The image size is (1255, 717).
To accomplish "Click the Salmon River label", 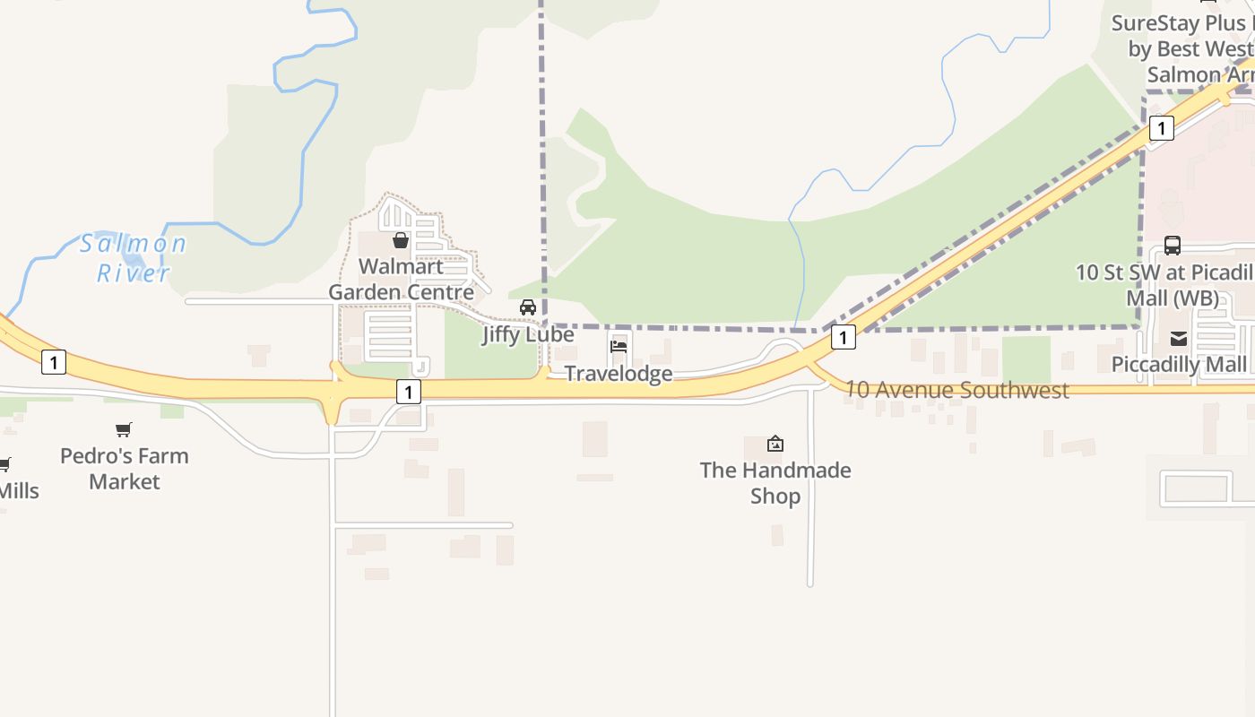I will [x=133, y=258].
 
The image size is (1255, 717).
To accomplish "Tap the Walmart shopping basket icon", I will [x=401, y=240].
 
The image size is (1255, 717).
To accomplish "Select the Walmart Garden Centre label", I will [x=401, y=280].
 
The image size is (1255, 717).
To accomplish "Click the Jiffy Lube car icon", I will [x=528, y=307].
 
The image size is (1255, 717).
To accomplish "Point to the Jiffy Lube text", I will [x=528, y=334].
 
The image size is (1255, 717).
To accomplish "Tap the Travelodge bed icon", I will [x=619, y=347].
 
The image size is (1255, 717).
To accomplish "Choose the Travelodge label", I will [x=619, y=373].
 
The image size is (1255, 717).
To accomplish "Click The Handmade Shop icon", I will [x=775, y=444].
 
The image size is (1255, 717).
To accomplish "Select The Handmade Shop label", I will [x=775, y=482].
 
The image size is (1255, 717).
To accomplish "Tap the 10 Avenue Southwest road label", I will [x=957, y=390].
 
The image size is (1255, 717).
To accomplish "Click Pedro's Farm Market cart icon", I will [x=124, y=430].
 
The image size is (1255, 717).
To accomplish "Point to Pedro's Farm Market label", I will [x=125, y=468].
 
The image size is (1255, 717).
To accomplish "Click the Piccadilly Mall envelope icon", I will [x=1178, y=339].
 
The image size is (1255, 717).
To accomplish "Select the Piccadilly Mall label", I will [x=1179, y=365].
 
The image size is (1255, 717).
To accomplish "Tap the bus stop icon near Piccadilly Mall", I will [x=1172, y=245].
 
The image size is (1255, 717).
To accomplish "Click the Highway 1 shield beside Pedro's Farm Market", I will [x=54, y=362].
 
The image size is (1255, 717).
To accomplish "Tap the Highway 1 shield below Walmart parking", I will [x=408, y=392].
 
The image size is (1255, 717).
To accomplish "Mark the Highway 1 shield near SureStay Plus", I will [x=1161, y=128].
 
